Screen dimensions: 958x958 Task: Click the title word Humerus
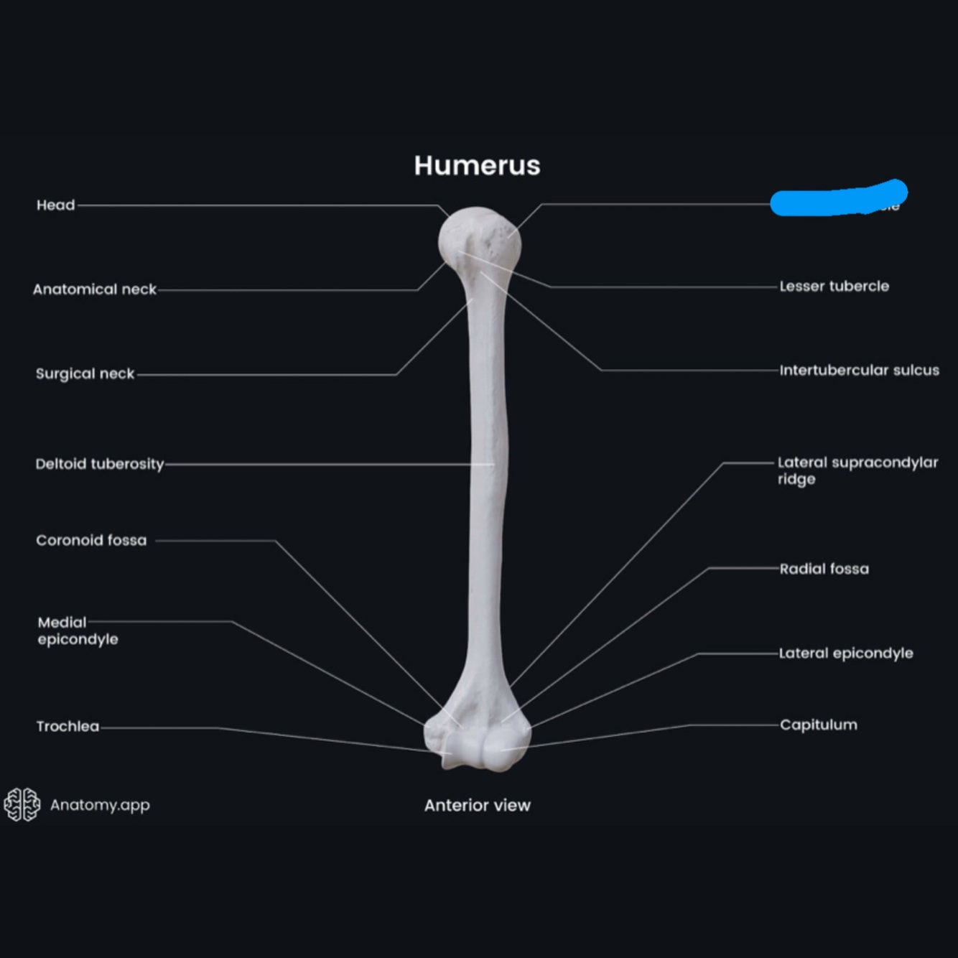point(477,166)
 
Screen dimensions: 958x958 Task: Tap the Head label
point(56,205)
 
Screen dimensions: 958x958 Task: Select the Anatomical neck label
point(94,289)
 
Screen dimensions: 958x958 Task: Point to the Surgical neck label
point(85,373)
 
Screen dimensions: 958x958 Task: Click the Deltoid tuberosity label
point(100,464)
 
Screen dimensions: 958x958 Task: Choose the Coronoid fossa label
point(91,540)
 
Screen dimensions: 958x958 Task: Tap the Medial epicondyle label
point(78,631)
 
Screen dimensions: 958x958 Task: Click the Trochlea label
point(68,726)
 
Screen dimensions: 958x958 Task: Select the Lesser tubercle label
point(834,286)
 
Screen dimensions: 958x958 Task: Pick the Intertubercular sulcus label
point(859,370)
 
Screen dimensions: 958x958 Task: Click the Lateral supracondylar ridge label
point(857,470)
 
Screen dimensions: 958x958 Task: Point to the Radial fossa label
point(824,569)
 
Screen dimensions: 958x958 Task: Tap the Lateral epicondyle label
point(846,653)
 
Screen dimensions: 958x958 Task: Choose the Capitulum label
point(818,725)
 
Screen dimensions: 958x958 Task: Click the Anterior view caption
point(477,805)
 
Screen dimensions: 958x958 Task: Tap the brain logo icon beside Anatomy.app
point(22,804)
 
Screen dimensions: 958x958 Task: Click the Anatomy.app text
point(100,805)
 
